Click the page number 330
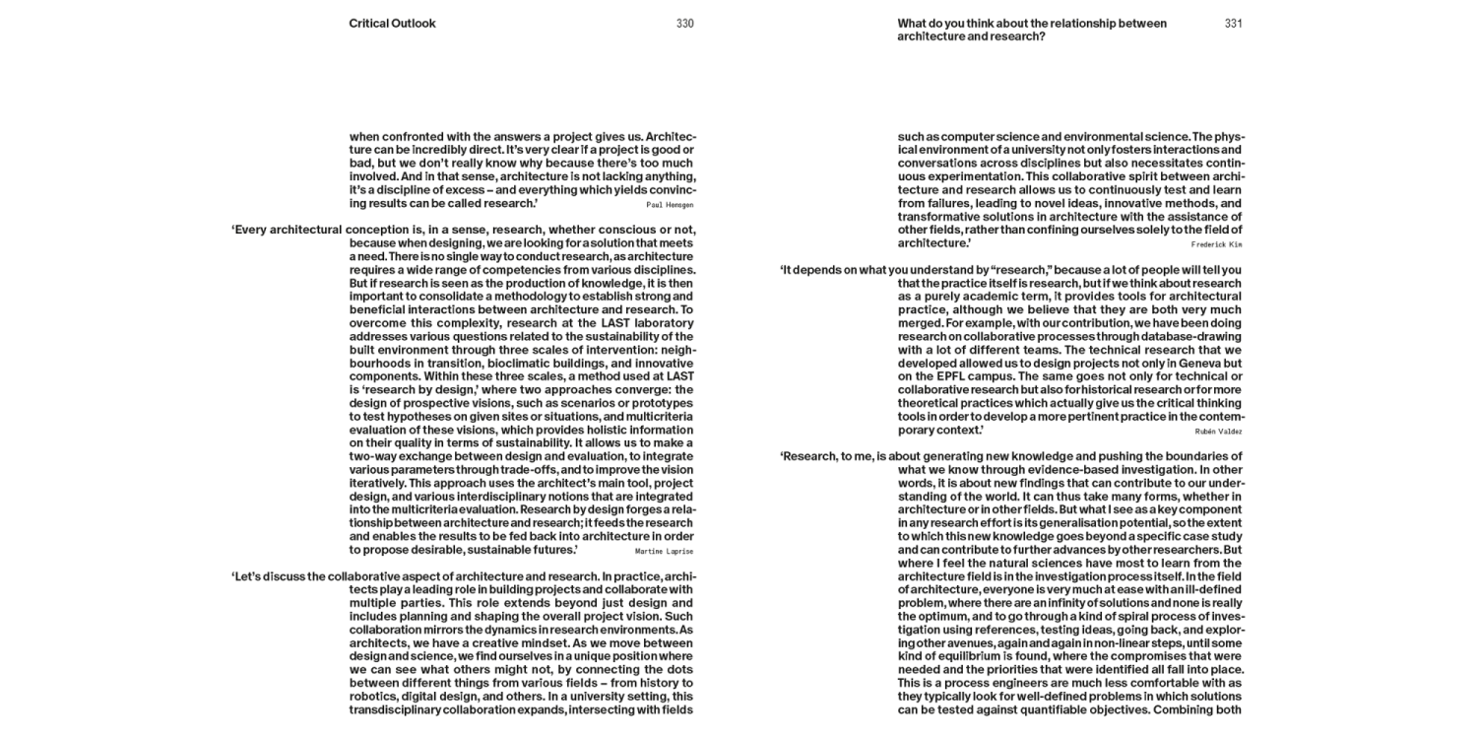tap(684, 24)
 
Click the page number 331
tap(1233, 24)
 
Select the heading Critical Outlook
tap(392, 24)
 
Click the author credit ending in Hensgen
tap(670, 205)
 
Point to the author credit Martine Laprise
tap(665, 551)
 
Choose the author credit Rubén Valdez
tap(1218, 431)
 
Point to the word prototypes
tap(659, 403)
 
